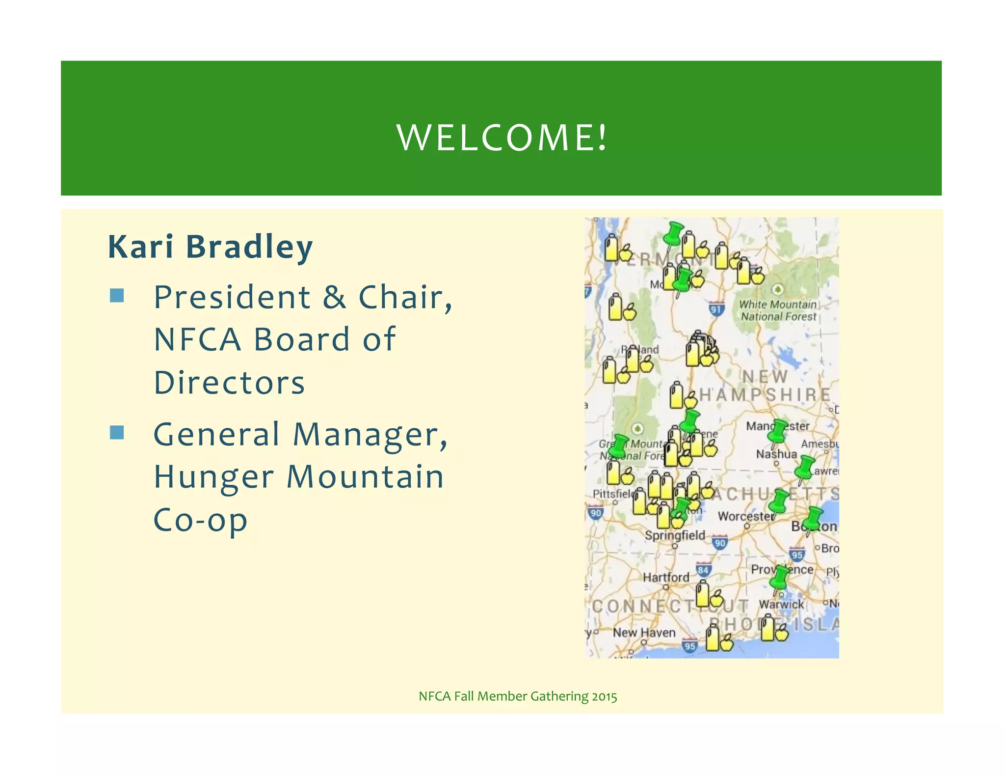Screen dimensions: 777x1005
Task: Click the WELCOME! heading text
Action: point(502,138)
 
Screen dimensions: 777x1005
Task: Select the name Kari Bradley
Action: point(210,247)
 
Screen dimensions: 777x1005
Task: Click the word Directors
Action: point(229,383)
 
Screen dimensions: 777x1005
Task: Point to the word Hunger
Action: point(213,477)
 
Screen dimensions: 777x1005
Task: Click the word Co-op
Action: point(200,520)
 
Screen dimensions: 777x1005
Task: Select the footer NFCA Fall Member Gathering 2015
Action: point(518,696)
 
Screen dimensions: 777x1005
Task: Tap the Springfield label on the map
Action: point(675,535)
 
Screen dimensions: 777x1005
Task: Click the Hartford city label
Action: point(666,578)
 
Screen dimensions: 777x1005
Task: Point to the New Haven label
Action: point(644,633)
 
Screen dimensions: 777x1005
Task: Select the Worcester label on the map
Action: point(745,516)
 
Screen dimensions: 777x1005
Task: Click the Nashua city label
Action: point(776,454)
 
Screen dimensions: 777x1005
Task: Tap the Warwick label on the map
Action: point(781,604)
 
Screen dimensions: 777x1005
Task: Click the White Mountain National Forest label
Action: point(778,310)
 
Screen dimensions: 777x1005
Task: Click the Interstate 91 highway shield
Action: point(716,309)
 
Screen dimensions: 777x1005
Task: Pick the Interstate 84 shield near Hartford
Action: point(703,570)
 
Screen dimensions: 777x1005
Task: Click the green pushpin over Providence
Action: point(779,578)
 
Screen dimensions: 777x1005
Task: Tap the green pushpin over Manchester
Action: point(778,430)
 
